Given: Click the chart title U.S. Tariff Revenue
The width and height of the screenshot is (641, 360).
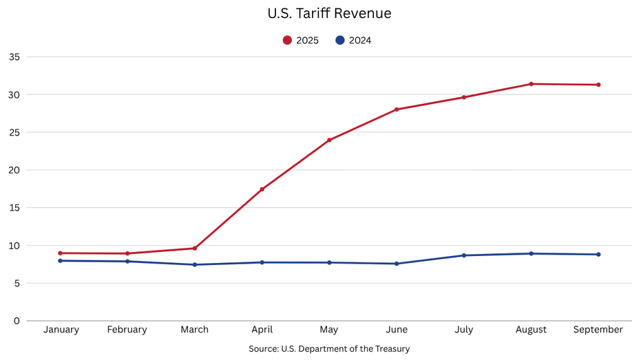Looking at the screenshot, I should pos(329,14).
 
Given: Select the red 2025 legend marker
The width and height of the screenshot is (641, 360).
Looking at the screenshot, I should pos(287,41).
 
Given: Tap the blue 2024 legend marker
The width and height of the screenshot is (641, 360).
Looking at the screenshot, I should pos(340,41).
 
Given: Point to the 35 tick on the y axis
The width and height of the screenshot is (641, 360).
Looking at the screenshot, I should pos(14,57).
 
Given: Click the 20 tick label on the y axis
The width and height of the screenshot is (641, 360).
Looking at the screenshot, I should pos(14,170).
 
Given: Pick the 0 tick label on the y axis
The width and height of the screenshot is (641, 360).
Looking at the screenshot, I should pos(17,321).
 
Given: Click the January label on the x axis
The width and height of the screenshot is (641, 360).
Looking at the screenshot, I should pos(61,330).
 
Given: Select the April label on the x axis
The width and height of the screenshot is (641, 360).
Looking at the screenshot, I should pos(262,330).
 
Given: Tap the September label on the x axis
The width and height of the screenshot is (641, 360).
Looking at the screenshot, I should pos(598,330).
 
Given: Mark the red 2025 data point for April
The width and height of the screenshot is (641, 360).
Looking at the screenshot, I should pos(262,189).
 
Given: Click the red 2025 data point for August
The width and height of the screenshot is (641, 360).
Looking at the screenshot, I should pos(531,84).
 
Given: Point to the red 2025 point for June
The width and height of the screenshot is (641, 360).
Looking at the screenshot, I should pos(397,109).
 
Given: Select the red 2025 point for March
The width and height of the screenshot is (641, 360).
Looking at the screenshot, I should pos(195,248).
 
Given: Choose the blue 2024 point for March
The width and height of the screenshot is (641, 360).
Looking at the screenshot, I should pos(195,265).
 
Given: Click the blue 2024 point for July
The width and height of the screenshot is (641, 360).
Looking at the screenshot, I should pos(464,255).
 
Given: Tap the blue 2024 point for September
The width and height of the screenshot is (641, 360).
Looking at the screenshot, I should pos(598,255).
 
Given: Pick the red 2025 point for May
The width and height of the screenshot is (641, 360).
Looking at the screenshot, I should pos(329,140).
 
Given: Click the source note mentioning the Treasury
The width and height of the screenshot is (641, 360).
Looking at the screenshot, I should pos(329,349).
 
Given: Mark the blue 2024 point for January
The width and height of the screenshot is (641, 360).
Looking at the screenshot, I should pos(61,261).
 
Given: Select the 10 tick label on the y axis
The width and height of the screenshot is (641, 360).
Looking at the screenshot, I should pos(14,246).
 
